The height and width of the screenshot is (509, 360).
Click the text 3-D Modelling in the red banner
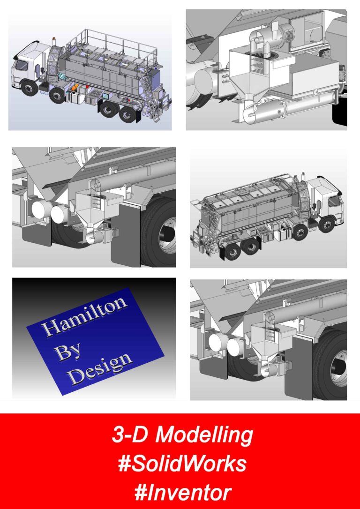[x=182, y=435]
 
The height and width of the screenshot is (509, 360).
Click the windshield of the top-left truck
[x=22, y=65]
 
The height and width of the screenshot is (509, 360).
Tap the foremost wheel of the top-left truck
[x=29, y=88]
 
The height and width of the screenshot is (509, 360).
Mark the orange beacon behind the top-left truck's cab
[x=54, y=39]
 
